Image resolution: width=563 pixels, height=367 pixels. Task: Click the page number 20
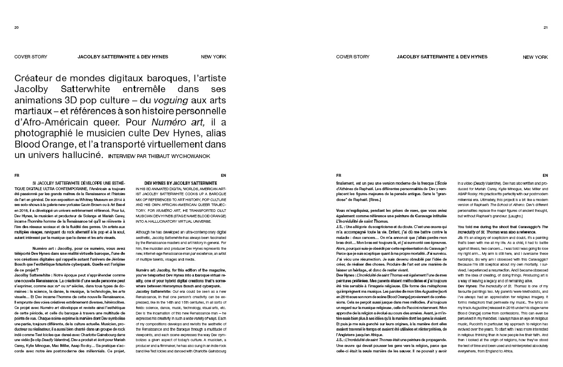(x=16, y=28)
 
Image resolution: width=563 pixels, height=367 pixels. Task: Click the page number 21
(x=545, y=28)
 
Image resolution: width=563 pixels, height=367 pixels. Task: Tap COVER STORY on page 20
(x=31, y=57)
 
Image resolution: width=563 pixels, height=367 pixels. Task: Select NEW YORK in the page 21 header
(x=535, y=57)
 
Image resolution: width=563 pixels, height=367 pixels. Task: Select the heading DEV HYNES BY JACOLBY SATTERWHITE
(x=181, y=183)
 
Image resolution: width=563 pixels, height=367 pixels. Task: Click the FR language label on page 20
(x=17, y=176)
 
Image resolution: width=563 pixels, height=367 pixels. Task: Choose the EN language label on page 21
(x=545, y=176)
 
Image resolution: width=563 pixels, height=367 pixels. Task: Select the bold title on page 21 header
(x=442, y=57)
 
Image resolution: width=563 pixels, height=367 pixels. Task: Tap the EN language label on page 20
(x=224, y=176)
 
